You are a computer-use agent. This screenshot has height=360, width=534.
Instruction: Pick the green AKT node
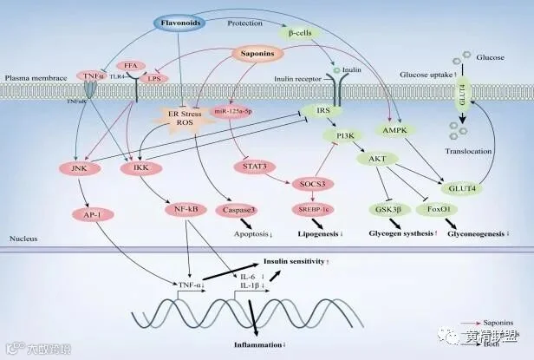click(377, 159)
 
